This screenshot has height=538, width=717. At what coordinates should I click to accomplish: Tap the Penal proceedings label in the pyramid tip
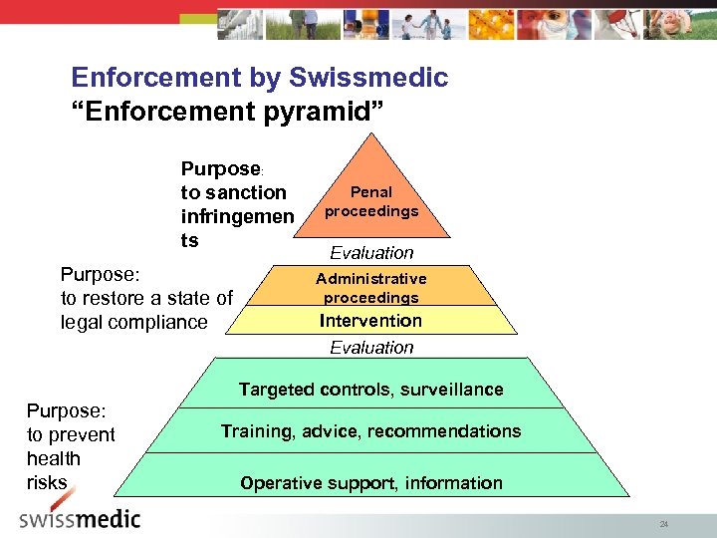pos(371,201)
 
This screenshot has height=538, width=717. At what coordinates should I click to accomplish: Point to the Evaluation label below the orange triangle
pos(371,253)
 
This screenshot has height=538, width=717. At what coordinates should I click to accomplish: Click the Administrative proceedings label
pos(370,288)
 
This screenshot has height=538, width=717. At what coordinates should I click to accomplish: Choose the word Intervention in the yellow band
pos(370,321)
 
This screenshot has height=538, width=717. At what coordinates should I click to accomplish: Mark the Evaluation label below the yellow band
pos(371,348)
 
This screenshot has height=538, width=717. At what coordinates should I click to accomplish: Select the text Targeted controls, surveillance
pos(370,390)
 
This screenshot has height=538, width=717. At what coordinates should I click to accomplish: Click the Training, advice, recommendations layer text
pos(370,431)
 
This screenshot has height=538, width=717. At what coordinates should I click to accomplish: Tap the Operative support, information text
pos(370,483)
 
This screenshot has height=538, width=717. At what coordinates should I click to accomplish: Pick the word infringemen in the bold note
pos(237,216)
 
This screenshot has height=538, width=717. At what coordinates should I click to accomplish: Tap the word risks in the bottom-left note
pos(47,482)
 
